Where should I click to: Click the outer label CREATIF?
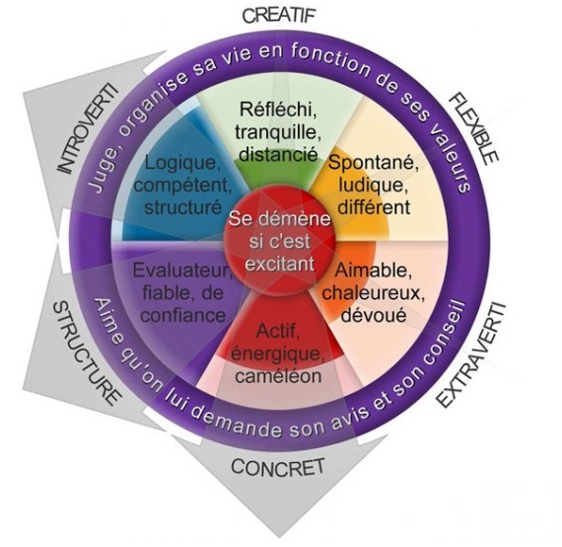pyautogui.click(x=280, y=16)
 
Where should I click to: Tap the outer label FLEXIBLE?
pyautogui.click(x=473, y=128)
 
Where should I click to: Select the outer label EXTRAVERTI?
pyautogui.click(x=471, y=355)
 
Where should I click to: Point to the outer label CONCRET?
pyautogui.click(x=278, y=467)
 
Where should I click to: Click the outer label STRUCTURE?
pyautogui.click(x=86, y=352)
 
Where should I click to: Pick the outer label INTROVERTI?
pyautogui.click(x=88, y=128)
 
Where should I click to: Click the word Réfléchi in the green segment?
pyautogui.click(x=278, y=109)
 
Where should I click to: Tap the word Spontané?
pyautogui.click(x=374, y=163)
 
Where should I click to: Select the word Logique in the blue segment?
pyautogui.click(x=182, y=163)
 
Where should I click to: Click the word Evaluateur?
pyautogui.click(x=182, y=271)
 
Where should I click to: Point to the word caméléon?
pyautogui.click(x=278, y=376)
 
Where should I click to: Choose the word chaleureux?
pyautogui.click(x=373, y=292)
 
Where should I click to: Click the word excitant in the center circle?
pyautogui.click(x=280, y=264)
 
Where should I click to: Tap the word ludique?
pyautogui.click(x=374, y=186)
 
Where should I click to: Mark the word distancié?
pyautogui.click(x=278, y=154)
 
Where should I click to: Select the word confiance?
pyautogui.click(x=182, y=315)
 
